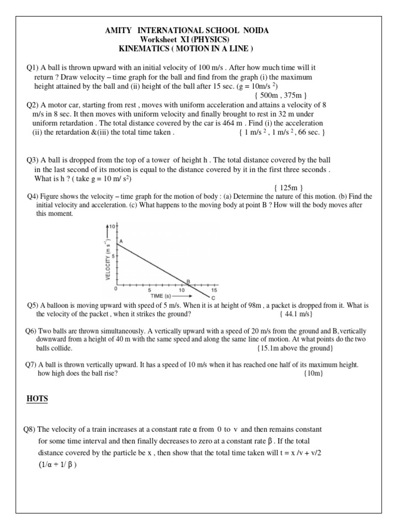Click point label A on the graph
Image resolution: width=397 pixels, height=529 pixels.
click(121, 241)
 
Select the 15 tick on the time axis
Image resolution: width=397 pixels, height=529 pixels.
click(214, 290)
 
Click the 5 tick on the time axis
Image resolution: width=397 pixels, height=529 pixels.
click(149, 290)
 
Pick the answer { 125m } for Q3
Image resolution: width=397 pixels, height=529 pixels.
click(288, 188)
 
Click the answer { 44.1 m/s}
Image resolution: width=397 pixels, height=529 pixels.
click(296, 314)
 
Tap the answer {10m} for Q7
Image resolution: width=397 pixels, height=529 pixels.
click(313, 374)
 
